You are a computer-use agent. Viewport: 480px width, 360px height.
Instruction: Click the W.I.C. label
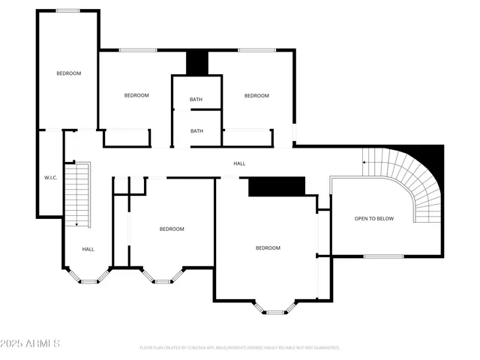point(51,178)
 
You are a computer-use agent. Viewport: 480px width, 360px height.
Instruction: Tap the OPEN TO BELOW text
point(374,218)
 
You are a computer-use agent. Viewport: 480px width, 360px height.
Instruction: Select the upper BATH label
point(196,100)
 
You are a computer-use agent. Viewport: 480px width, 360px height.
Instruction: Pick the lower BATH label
point(196,131)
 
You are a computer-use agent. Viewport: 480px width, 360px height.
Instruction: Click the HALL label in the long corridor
point(239,163)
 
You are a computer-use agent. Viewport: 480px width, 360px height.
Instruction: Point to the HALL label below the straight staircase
point(88,249)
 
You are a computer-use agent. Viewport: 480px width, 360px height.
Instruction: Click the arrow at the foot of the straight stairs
point(76,223)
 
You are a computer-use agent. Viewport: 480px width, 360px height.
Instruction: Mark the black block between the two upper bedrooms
point(197,63)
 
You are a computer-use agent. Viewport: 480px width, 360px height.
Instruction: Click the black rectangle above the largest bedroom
point(277,187)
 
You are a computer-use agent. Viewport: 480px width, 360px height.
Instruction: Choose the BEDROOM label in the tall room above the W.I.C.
point(68,73)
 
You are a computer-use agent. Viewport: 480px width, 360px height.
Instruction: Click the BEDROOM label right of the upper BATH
point(256,95)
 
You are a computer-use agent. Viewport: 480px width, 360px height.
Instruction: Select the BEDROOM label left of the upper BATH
point(136,95)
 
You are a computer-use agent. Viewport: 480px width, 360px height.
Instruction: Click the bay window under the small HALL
point(88,279)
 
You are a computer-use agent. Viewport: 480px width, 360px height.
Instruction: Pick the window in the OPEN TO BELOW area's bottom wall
point(383,256)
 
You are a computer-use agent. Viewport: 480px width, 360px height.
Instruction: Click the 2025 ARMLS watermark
point(30,343)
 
